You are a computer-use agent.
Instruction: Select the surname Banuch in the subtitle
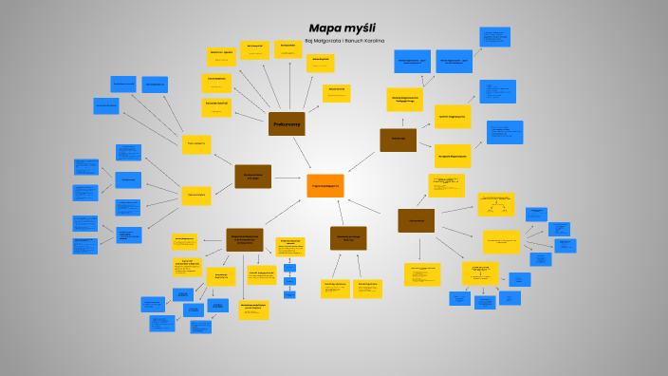click(365, 40)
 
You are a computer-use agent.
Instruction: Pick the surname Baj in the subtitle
click(309, 40)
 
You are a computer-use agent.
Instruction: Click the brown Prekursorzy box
click(287, 123)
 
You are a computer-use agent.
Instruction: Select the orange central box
click(325, 185)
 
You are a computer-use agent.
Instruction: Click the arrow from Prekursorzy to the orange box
click(304, 153)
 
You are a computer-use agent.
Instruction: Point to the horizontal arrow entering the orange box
click(288, 178)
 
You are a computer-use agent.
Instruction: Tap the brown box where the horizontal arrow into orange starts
click(252, 177)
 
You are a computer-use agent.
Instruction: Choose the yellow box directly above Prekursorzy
click(288, 49)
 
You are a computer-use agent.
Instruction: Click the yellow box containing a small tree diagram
click(496, 205)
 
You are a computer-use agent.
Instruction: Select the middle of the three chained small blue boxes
click(289, 281)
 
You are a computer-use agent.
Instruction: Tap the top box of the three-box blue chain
click(289, 267)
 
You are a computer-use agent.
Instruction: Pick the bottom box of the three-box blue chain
click(289, 294)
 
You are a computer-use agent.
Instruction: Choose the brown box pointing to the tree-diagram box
click(416, 220)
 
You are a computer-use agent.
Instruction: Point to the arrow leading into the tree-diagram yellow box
click(456, 213)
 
